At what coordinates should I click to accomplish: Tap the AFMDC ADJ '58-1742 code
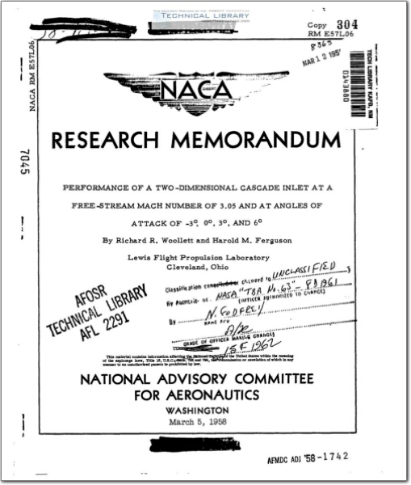point(308,457)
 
